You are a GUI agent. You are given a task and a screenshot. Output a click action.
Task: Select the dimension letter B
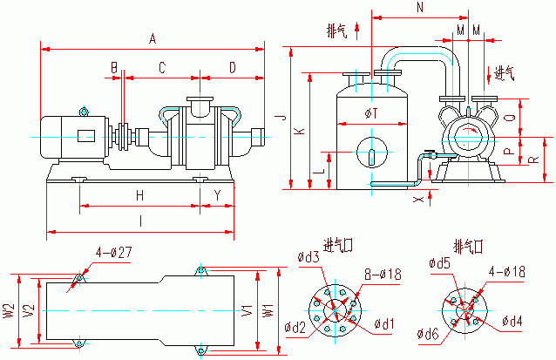pyautogui.click(x=114, y=67)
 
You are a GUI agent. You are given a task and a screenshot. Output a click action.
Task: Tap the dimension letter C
pyautogui.click(x=161, y=67)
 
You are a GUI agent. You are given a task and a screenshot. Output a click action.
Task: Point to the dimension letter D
pyautogui.click(x=232, y=67)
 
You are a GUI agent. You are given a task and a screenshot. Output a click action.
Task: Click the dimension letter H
pyautogui.click(x=139, y=194)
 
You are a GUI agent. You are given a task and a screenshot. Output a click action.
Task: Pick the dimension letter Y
pyautogui.click(x=217, y=194)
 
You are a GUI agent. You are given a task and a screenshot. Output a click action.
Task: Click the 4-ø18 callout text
pyautogui.click(x=507, y=272)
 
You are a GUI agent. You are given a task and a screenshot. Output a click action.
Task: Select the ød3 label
pyautogui.click(x=308, y=257)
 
